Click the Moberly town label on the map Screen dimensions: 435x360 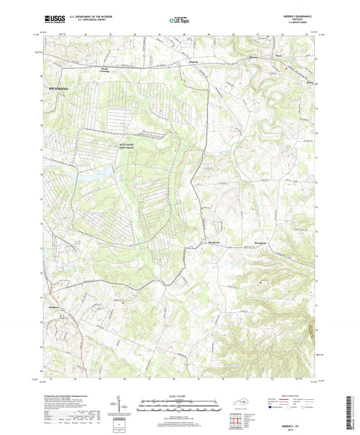[195, 61]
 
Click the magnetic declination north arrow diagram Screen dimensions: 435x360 [124, 409]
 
